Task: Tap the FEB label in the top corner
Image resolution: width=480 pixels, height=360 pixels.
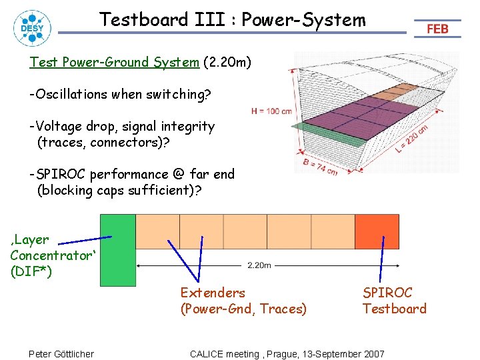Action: tap(437, 29)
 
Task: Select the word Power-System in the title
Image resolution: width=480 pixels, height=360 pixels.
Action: tap(303, 20)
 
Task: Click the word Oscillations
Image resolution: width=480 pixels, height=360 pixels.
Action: tap(69, 95)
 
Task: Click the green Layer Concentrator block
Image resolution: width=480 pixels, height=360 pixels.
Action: tap(117, 249)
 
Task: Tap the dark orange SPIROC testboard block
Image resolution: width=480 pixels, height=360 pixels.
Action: tap(377, 231)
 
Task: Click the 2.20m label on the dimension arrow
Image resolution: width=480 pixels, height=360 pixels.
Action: tap(259, 265)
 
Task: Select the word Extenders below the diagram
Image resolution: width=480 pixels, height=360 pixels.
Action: tap(213, 293)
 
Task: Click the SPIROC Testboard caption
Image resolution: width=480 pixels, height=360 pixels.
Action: tap(394, 301)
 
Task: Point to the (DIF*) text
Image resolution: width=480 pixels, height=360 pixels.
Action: tap(31, 271)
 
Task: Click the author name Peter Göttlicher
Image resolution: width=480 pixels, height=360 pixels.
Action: tap(61, 353)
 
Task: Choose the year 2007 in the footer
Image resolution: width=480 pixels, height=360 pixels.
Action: tap(373, 353)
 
